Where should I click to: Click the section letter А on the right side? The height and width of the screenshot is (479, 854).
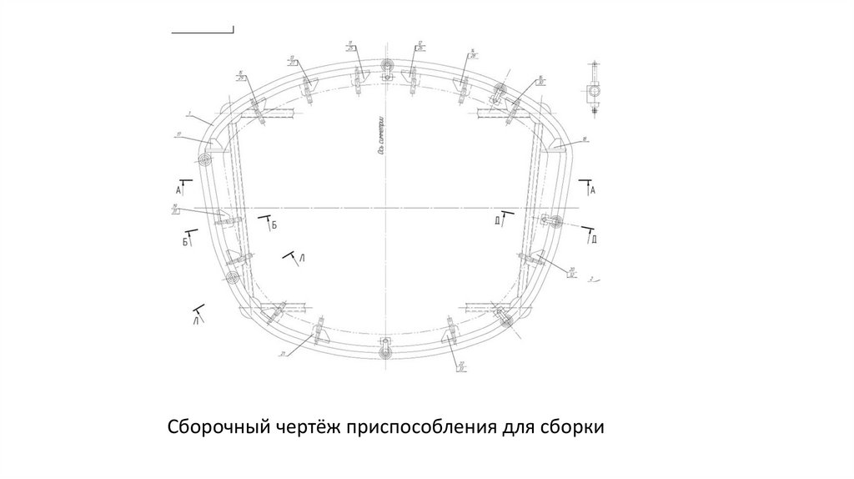[592, 191]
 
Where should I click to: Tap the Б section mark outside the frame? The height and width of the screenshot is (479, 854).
[184, 242]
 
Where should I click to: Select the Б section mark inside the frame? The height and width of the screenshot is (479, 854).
[273, 225]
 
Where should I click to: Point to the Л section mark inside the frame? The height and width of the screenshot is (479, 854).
[303, 261]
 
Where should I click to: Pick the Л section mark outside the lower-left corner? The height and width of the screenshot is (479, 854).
[195, 319]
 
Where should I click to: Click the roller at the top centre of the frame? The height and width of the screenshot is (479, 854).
[386, 76]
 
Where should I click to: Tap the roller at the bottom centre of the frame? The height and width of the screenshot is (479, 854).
[385, 354]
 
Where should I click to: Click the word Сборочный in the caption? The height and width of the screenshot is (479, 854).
[218, 428]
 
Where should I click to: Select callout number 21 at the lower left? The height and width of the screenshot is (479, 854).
[284, 354]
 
